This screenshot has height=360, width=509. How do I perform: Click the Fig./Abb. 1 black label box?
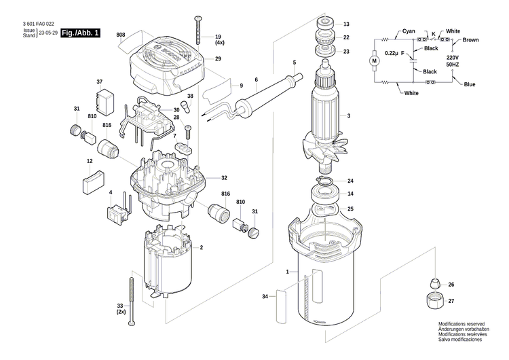coord(80,33)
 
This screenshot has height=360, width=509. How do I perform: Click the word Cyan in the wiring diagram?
coord(408,31)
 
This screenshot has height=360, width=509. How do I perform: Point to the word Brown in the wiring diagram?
coord(470,40)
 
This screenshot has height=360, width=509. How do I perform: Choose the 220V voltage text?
coord(453,58)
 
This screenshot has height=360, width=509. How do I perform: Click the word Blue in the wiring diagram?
coord(469,84)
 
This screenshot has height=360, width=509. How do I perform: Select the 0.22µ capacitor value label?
coord(391,53)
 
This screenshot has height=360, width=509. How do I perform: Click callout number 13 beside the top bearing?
coord(345,24)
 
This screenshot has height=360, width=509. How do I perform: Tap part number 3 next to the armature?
coord(348,116)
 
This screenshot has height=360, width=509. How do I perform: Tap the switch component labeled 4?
coord(117,211)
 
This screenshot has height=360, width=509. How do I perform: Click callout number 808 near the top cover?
coord(121,34)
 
